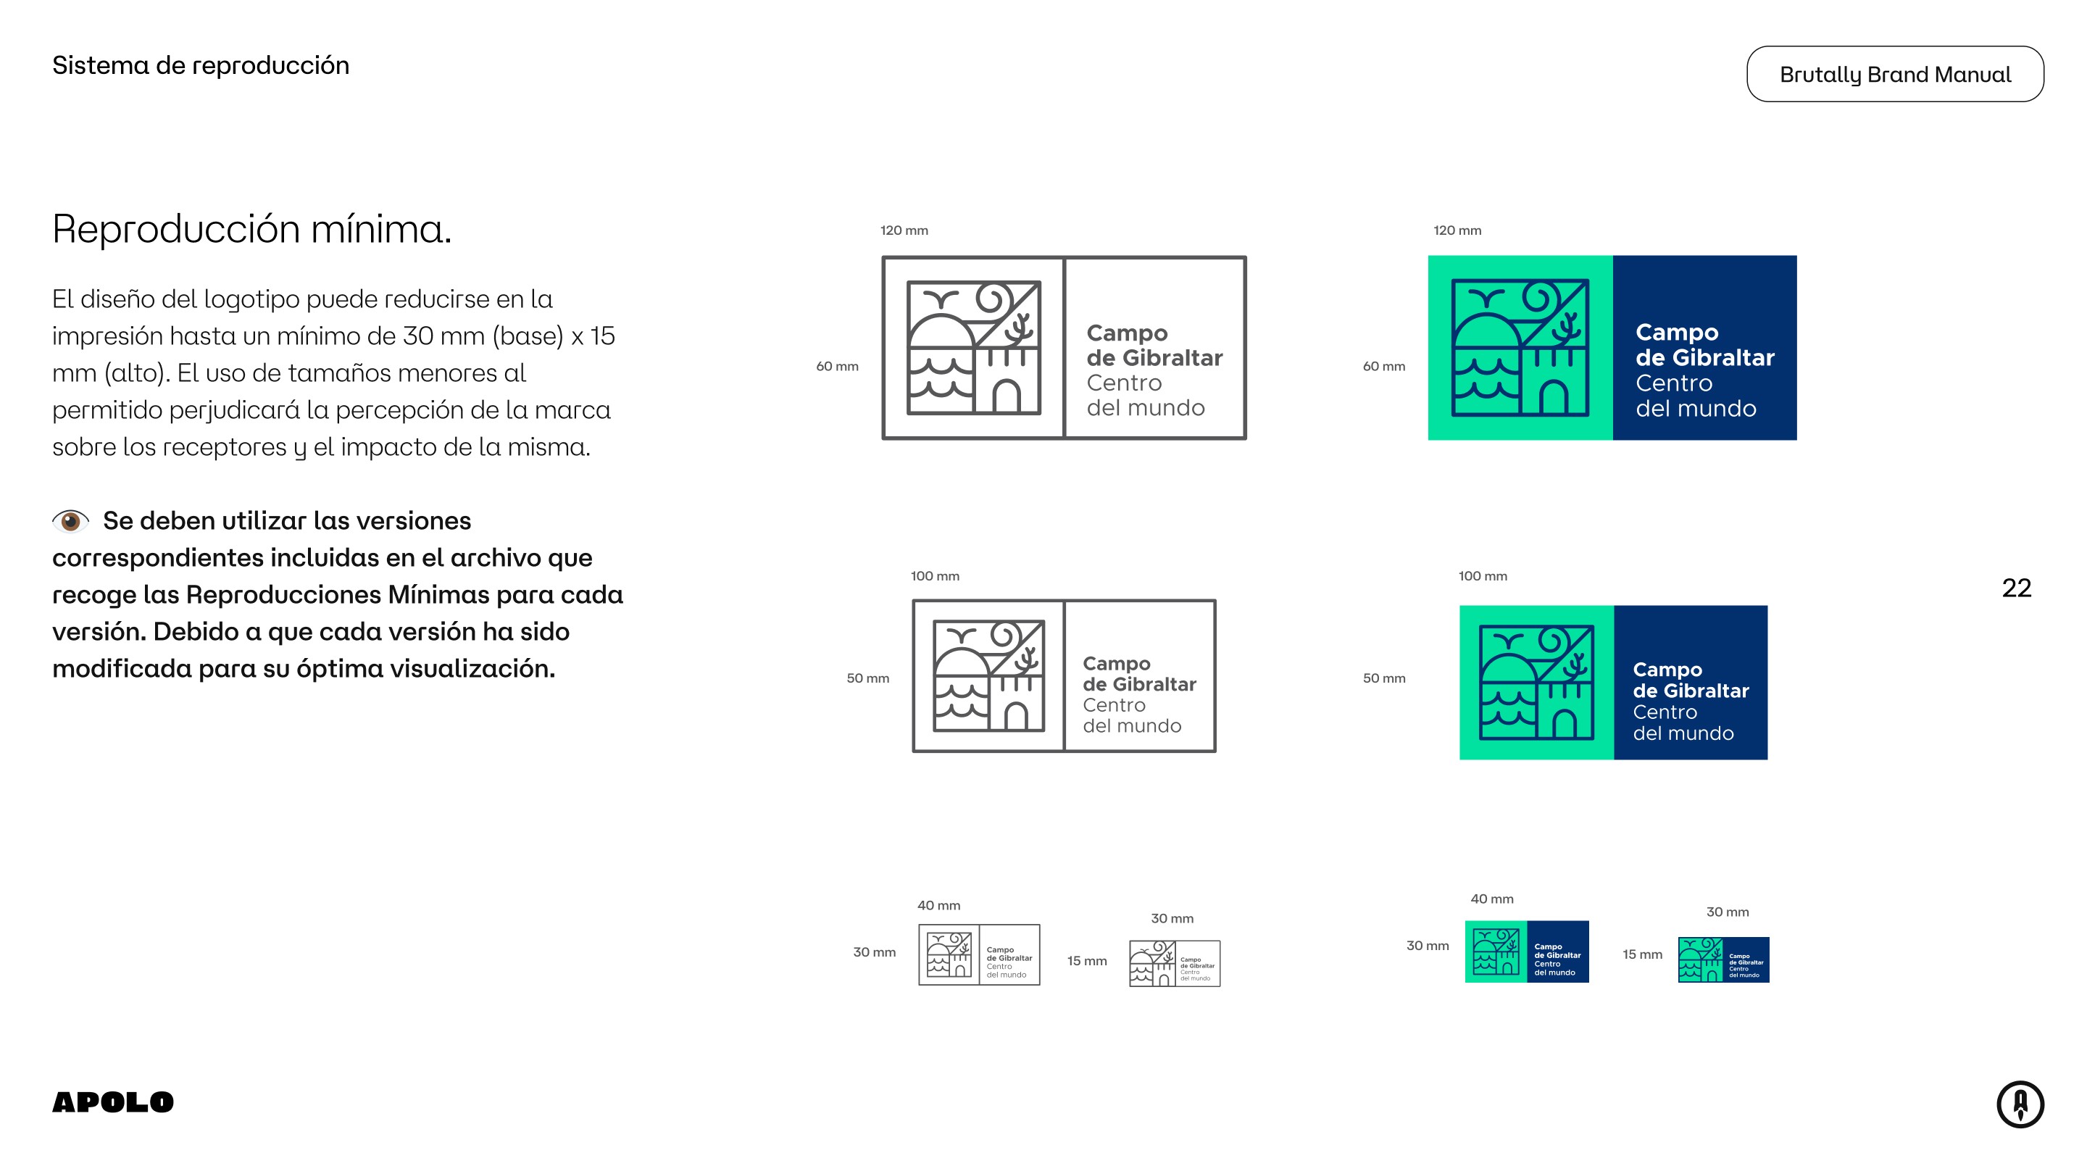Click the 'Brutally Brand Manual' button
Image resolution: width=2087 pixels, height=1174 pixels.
tap(1894, 74)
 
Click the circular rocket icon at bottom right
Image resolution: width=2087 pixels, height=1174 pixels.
tap(2020, 1104)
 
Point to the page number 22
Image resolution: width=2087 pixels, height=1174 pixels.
tap(2016, 588)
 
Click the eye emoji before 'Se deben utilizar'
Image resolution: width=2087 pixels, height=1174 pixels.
tap(70, 520)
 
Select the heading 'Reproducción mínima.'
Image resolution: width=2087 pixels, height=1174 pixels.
tap(251, 228)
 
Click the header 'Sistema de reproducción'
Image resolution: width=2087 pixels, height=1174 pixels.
tap(200, 66)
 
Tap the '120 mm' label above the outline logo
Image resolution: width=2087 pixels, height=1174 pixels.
tap(904, 230)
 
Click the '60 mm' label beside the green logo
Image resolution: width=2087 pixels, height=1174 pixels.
tap(1384, 366)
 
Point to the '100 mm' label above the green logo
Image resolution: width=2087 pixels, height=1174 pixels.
tap(1483, 576)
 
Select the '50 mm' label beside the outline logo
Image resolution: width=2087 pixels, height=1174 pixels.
tap(867, 678)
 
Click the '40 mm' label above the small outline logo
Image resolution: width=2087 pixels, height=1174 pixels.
tap(938, 905)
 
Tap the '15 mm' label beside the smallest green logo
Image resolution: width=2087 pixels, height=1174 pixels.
tap(1641, 954)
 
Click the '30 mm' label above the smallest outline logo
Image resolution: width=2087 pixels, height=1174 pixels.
tap(1172, 918)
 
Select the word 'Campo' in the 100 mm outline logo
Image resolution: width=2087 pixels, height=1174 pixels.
tap(1117, 664)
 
